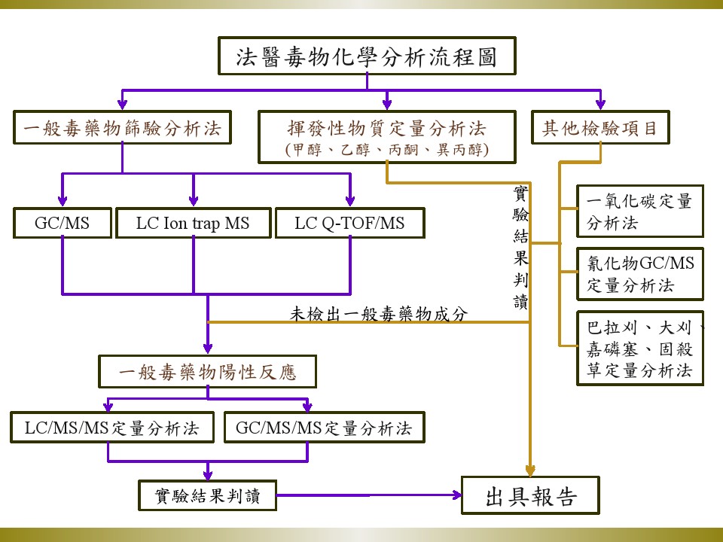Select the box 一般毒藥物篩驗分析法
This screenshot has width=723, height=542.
click(x=122, y=127)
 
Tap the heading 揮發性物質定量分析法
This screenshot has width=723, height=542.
click(x=386, y=127)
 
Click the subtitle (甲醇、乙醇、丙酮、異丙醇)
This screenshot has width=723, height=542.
click(x=386, y=149)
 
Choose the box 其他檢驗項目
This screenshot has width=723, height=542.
click(x=600, y=127)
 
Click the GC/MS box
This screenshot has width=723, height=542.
click(x=62, y=223)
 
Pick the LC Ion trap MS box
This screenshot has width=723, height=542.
click(x=193, y=223)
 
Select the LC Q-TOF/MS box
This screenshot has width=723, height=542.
click(x=349, y=223)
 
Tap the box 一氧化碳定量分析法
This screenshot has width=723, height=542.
click(x=639, y=212)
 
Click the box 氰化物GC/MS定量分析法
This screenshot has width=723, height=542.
click(x=639, y=274)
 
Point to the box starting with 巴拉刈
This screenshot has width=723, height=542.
click(x=639, y=349)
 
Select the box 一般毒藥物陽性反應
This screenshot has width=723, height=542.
click(x=208, y=371)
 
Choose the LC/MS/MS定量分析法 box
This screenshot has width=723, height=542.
click(x=111, y=428)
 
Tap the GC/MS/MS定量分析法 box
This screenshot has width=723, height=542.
click(x=324, y=428)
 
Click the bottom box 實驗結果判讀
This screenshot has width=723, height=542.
click(x=206, y=495)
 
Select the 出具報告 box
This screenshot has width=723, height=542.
click(x=530, y=496)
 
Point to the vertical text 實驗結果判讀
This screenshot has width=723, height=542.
click(x=520, y=248)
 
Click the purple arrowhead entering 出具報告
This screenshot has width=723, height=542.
click(x=456, y=495)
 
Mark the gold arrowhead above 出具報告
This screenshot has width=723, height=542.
click(x=530, y=470)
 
